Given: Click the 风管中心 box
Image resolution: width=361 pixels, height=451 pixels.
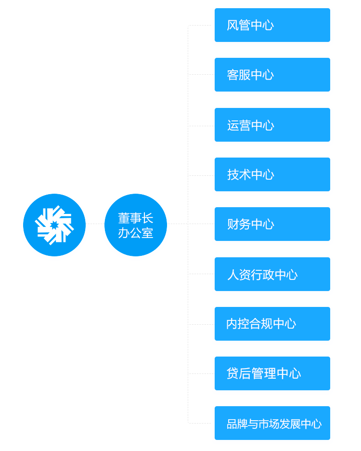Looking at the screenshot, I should point(272,25).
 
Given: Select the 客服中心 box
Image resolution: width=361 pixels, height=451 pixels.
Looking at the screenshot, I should point(272,75).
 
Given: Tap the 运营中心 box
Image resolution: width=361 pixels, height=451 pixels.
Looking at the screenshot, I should point(272,125).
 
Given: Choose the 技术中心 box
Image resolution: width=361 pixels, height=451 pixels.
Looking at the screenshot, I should point(272,174).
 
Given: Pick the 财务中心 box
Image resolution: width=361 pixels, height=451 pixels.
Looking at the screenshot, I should point(272,224).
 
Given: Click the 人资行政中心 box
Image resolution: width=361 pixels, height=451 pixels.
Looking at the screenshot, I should point(272,274).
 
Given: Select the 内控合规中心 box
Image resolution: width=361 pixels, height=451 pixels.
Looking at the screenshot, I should point(272,324).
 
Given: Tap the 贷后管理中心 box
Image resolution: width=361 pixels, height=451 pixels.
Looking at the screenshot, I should point(272,373).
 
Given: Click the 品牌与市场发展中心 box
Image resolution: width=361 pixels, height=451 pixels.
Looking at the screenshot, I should point(272,423).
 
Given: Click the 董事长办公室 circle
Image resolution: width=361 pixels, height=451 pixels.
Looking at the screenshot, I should point(136,225).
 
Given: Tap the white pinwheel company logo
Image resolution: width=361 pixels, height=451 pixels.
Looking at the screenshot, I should point(54,225).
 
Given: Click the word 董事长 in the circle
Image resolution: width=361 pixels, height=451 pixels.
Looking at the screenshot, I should point(136,218).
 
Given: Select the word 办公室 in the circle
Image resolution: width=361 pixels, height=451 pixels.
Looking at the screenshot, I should point(136,233).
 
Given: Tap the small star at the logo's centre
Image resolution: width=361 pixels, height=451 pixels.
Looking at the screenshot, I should point(54,225).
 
